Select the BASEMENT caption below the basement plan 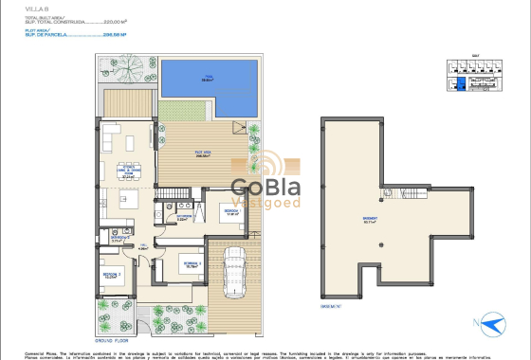coord(332,307)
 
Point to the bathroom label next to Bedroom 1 coord(185,218)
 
